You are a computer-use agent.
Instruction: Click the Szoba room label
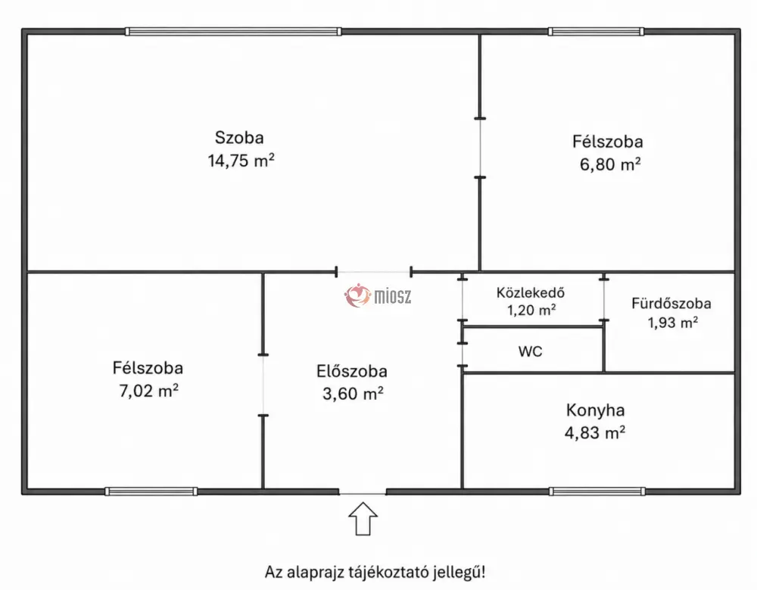tap(239, 138)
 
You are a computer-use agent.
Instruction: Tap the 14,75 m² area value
tap(241, 161)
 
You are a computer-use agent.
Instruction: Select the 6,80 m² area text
tap(610, 164)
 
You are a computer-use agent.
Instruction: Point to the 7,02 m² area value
tap(148, 391)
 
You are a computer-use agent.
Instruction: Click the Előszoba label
tap(352, 371)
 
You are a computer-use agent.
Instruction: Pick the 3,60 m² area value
tap(353, 393)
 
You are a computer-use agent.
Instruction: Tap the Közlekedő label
tap(531, 293)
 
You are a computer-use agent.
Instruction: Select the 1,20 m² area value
tap(531, 310)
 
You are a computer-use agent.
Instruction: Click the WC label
tap(530, 351)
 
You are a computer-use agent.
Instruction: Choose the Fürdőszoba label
tap(671, 304)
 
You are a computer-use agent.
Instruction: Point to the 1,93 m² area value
tap(672, 323)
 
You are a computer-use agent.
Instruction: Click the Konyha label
tap(595, 411)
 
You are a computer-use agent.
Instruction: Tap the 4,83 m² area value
tap(595, 432)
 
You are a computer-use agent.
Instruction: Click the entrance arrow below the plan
tap(363, 519)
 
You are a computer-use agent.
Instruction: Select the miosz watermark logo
tap(378, 295)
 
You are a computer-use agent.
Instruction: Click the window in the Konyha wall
tap(597, 492)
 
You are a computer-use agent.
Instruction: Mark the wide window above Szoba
tap(233, 31)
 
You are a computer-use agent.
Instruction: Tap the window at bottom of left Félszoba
tap(151, 492)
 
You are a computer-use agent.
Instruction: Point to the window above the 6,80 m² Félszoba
tap(596, 31)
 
